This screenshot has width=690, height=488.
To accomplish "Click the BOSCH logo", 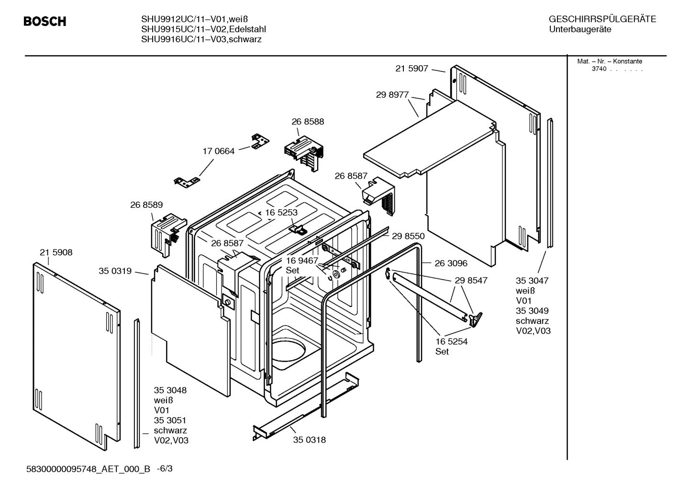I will point(45,22).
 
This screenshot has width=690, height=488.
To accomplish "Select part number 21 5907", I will point(412,68).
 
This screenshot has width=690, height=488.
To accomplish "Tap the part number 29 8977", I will point(392,95).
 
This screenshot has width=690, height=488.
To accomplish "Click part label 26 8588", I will point(308,122).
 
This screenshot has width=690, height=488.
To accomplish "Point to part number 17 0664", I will point(218,151).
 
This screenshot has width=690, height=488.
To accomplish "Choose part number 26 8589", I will point(146,204).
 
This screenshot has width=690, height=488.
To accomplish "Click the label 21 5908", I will point(56,252).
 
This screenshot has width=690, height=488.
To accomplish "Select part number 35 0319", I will point(115,271).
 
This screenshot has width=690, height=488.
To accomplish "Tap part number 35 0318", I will point(309,440).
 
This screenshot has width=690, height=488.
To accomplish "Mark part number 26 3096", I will point(451,263).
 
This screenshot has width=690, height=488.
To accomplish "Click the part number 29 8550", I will point(408,236).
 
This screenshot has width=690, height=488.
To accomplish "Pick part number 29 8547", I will point(471,280).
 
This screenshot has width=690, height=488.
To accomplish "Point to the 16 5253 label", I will point(281,213).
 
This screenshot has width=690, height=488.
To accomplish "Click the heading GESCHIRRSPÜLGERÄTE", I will point(602,19).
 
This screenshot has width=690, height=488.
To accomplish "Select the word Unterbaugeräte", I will point(579,29).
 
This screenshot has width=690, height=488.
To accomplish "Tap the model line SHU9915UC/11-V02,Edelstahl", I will point(203,29).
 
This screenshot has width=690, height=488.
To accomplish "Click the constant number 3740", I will point(599,69).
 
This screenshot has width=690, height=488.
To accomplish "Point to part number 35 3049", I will point(532,311).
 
